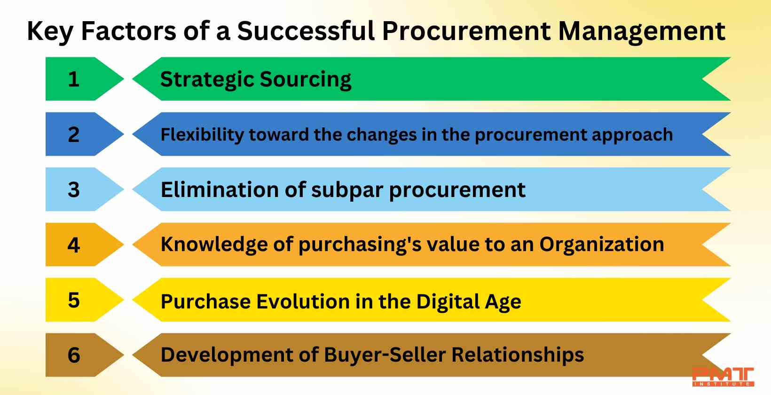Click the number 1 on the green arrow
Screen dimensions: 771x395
74,79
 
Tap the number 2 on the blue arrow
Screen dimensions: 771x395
74,134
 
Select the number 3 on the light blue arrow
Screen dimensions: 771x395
74,190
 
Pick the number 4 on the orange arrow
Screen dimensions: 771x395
74,245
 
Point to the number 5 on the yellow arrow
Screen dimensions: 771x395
74,300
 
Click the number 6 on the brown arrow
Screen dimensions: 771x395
74,355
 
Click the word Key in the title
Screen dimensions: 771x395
50,32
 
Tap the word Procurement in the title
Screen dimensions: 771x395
466,31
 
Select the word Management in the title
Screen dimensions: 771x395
642,32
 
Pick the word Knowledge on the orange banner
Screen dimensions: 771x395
214,245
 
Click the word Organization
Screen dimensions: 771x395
602,245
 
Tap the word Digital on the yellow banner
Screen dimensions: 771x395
447,302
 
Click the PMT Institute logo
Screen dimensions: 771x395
723,377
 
